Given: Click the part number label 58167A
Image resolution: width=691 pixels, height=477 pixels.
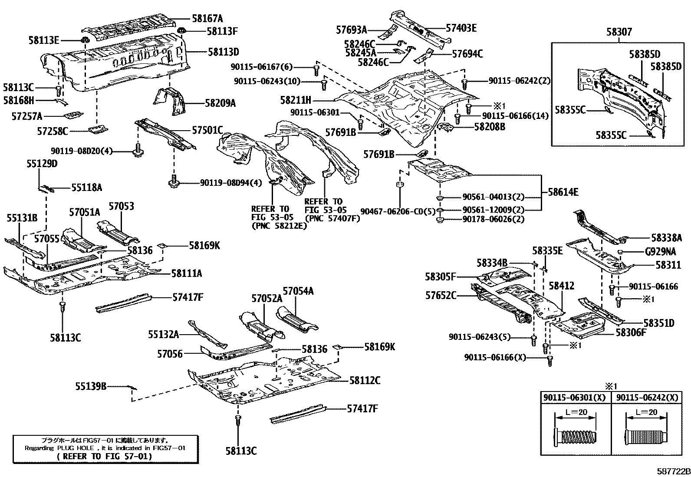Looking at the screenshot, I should click(x=207, y=19).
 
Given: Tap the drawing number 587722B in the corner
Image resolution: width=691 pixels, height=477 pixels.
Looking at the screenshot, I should click(x=673, y=471).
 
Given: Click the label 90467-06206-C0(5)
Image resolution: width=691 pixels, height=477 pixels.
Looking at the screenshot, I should click(x=397, y=212).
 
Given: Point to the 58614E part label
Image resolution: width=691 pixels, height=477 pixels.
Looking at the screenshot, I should click(x=563, y=192).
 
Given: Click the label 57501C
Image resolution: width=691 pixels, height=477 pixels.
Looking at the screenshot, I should click(x=207, y=130).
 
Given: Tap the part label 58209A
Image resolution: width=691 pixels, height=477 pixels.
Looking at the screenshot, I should click(x=220, y=103).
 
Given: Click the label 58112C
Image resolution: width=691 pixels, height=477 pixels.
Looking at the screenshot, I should click(x=365, y=381).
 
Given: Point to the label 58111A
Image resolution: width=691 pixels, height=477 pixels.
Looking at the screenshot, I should click(x=186, y=273).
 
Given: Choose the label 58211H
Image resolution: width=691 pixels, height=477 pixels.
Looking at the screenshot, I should click(x=296, y=100).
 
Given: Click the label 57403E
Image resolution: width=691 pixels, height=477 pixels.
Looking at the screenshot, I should click(x=461, y=28).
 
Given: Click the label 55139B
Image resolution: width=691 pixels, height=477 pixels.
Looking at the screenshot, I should click(x=91, y=385).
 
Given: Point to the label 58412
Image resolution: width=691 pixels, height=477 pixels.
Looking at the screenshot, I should click(x=561, y=286).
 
